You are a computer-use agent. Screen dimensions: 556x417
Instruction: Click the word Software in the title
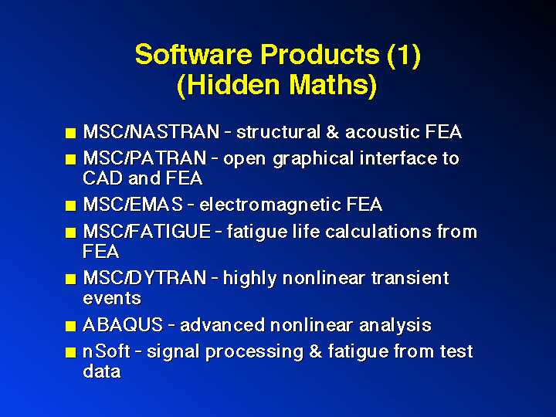click(x=195, y=54)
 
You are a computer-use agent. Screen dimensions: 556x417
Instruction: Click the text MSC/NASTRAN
click(x=151, y=132)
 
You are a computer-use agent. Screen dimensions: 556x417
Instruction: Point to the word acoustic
click(x=382, y=132)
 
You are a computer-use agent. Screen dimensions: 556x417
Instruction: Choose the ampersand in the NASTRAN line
click(x=333, y=132)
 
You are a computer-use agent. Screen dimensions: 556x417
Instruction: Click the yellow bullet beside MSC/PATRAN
click(x=71, y=160)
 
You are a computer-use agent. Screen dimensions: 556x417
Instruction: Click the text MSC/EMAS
click(x=133, y=205)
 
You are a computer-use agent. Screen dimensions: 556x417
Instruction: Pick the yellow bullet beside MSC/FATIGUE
click(x=71, y=232)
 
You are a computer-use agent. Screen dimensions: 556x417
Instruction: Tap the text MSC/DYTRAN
click(x=144, y=278)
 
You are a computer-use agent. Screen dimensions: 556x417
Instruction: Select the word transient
click(x=410, y=278)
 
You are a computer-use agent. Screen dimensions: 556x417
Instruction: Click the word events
click(x=112, y=298)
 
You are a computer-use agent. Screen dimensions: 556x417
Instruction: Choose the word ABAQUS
click(x=123, y=325)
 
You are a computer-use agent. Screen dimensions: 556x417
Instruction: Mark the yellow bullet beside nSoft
click(x=71, y=352)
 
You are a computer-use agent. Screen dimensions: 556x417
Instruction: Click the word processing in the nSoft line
click(x=255, y=352)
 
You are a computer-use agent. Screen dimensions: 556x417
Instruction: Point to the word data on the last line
click(x=102, y=371)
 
